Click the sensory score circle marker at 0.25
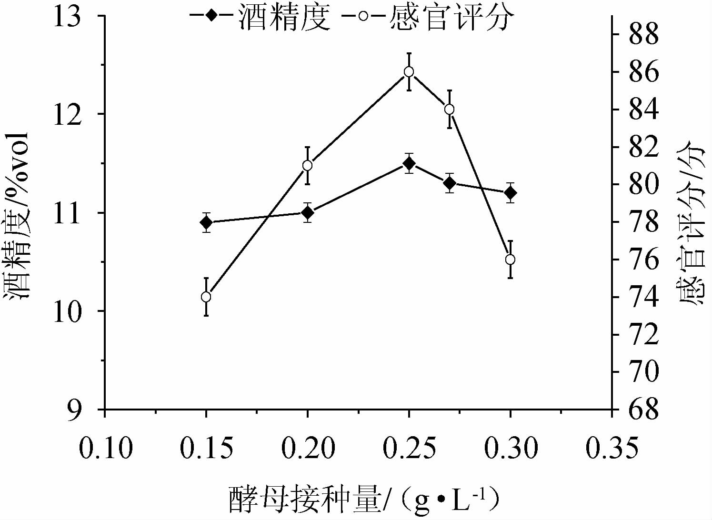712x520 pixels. (409, 72)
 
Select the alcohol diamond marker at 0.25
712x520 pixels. (409, 163)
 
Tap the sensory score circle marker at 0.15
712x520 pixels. (206, 297)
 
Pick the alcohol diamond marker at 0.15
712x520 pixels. (206, 222)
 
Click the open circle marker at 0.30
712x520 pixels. (510, 260)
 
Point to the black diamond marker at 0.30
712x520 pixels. (510, 193)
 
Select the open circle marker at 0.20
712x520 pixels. (308, 166)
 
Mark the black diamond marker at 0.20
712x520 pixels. (308, 212)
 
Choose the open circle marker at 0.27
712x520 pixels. (449, 110)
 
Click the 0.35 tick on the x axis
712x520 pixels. (612, 448)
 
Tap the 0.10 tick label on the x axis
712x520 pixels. (105, 448)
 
